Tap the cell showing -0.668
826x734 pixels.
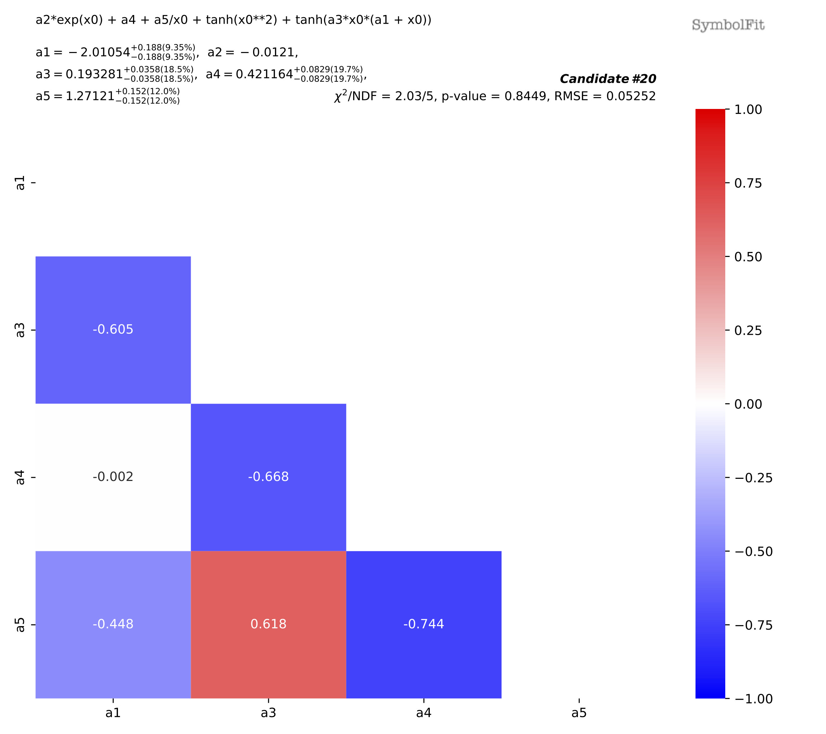pos(268,477)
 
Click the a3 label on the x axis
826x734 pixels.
pos(268,713)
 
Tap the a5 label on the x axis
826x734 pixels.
pos(579,713)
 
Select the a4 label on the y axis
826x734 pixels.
pos(20,477)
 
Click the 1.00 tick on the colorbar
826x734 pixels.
pos(747,109)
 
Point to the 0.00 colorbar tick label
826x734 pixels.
pos(747,404)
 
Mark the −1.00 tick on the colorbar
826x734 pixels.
pos(753,699)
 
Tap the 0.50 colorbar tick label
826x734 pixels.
pos(747,257)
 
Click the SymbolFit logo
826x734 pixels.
pos(728,25)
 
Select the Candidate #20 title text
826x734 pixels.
pos(608,79)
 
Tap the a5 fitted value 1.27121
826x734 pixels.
pos(90,96)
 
